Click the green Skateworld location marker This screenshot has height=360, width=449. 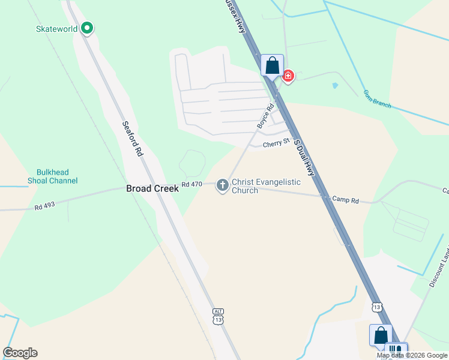click(x=87, y=28)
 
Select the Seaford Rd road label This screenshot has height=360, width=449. click(x=132, y=139)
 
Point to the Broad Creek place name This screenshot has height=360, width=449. click(x=152, y=188)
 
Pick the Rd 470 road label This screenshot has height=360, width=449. click(x=191, y=184)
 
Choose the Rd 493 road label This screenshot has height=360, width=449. click(x=44, y=206)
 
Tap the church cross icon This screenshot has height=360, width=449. click(x=222, y=185)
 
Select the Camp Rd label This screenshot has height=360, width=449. click(x=345, y=200)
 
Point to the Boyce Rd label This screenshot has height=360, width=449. click(x=265, y=116)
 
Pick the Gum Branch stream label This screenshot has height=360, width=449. click(x=377, y=99)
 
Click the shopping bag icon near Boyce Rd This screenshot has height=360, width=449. click(x=272, y=65)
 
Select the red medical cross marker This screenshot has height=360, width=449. click(x=288, y=76)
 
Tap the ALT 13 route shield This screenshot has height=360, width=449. click(x=218, y=316)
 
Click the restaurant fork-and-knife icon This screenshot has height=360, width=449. click(x=395, y=350)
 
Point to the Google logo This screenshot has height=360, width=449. click(x=20, y=353)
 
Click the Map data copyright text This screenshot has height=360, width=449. click(x=412, y=355)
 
